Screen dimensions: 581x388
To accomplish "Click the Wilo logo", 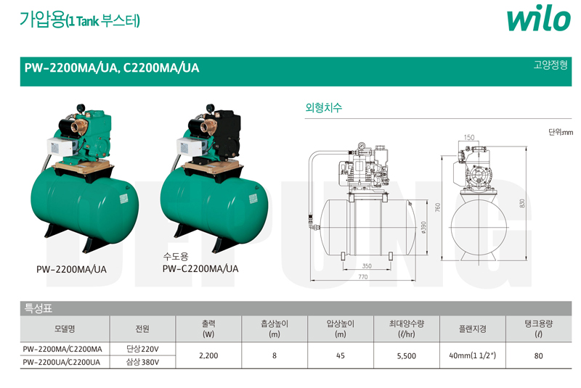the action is click(x=538, y=18).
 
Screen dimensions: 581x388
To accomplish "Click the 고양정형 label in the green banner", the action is click(x=550, y=65).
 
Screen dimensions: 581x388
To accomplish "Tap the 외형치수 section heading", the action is click(x=323, y=107).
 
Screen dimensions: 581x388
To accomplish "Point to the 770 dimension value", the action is click(x=362, y=276).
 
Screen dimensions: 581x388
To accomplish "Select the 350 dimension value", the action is click(x=367, y=266).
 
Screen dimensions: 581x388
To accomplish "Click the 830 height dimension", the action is click(x=522, y=204).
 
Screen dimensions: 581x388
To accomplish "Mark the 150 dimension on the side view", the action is click(x=469, y=137).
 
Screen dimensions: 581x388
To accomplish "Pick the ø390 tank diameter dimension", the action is click(x=423, y=228).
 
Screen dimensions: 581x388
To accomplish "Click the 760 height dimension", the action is click(x=438, y=207).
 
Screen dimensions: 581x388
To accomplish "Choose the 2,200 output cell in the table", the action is click(x=208, y=355).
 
